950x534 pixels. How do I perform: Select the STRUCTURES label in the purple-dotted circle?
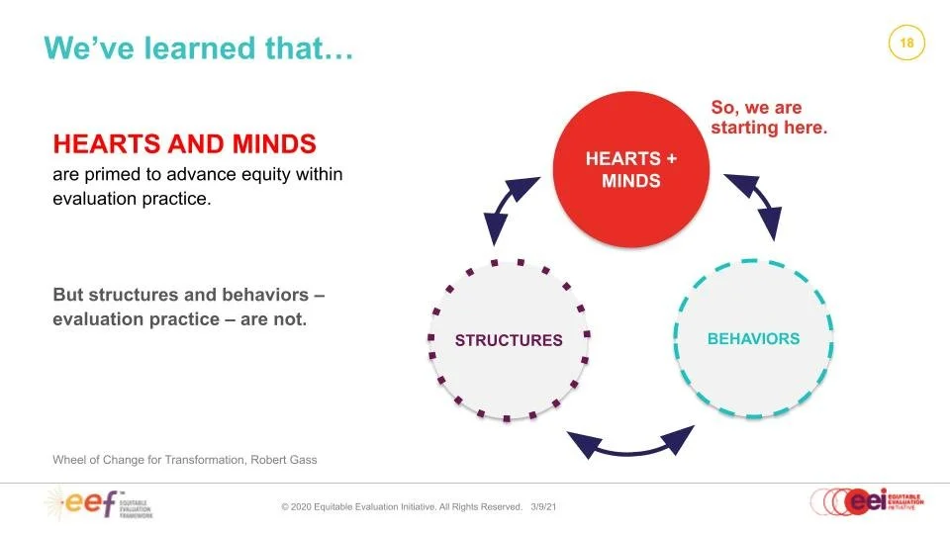point(509,340)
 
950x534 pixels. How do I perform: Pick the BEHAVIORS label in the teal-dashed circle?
point(753,339)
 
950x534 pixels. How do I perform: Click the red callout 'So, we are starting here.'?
point(768,117)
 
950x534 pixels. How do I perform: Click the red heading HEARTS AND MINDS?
point(184,144)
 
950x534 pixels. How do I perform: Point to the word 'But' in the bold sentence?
point(67,296)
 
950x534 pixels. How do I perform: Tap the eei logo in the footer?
point(866,502)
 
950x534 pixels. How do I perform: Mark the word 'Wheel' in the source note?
point(69,460)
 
